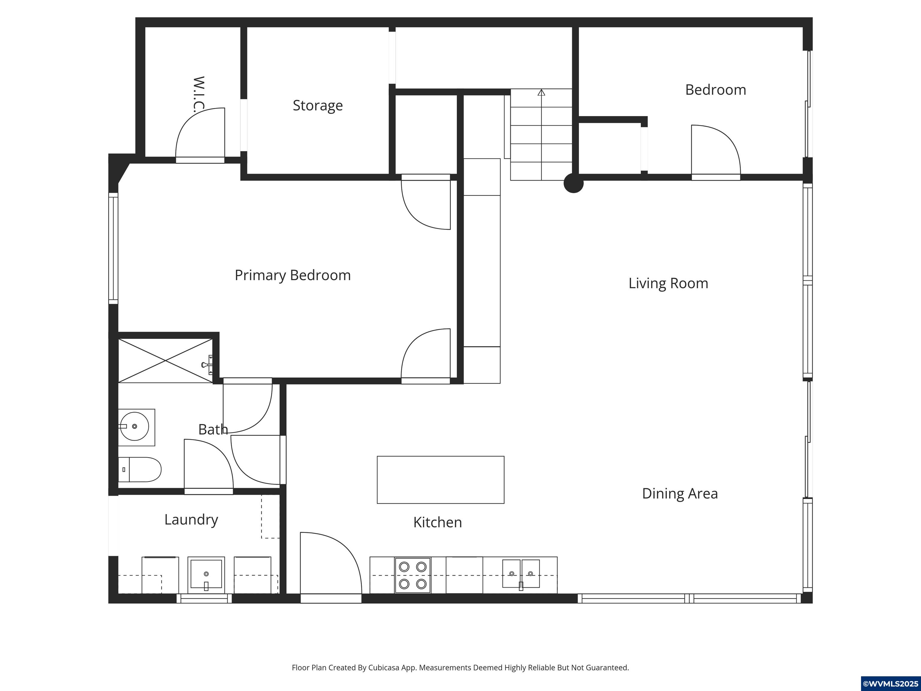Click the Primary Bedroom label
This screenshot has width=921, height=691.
coord(293,275)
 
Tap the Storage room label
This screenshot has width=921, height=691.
coord(318,105)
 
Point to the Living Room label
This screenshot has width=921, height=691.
coord(668,283)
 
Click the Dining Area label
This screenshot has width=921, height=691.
coord(680,494)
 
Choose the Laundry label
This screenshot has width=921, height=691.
coord(191,519)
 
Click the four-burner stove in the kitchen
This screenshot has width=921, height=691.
coord(413,575)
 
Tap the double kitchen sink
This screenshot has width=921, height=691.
coord(521,574)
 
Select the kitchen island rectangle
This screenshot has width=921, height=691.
coord(440,480)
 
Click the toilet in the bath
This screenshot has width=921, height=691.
coord(139,469)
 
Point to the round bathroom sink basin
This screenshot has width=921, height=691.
coord(134,426)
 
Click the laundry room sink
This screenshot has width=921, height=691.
coord(206,575)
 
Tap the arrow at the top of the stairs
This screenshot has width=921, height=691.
coord(541,92)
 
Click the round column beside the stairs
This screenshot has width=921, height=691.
coord(573,183)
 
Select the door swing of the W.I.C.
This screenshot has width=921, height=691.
coord(200,133)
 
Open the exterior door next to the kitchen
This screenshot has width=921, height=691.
coord(331,567)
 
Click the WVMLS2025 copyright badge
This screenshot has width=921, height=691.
coord(890,684)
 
